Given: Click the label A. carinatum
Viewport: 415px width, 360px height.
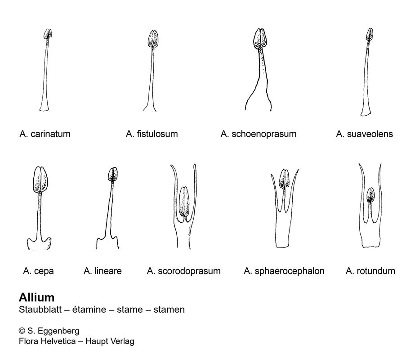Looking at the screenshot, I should tap(45, 134).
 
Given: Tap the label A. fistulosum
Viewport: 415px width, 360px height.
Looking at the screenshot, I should tap(152, 134).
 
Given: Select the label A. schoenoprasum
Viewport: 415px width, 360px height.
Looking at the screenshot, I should tap(259, 134).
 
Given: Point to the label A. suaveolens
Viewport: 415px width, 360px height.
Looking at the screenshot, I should tap(364, 134).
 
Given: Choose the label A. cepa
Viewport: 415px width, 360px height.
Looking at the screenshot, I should tap(39, 271).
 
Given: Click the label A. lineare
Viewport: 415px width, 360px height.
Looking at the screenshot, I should tap(103, 271).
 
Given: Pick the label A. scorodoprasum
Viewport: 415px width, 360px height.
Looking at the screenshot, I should tap(184, 271).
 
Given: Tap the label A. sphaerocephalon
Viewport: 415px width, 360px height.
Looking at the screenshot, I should tap(284, 271).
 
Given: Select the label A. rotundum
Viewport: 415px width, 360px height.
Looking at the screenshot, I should tap(370, 271).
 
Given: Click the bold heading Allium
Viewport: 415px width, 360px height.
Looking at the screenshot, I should tap(36, 297).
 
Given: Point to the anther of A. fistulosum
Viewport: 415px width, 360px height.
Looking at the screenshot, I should tap(153, 39).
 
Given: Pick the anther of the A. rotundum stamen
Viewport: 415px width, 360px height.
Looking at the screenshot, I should tap(370, 195).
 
